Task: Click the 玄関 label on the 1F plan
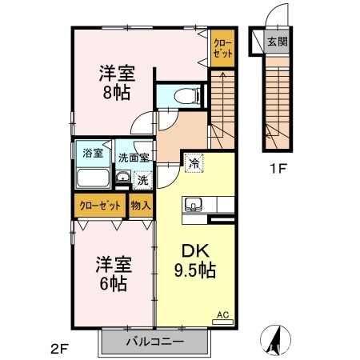click(x=277, y=42)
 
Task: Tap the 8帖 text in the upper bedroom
click(x=116, y=92)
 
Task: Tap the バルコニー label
click(x=155, y=342)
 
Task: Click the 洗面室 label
click(x=134, y=158)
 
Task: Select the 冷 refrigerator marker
click(x=194, y=164)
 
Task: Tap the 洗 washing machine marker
click(x=142, y=180)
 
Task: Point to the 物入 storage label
click(x=141, y=206)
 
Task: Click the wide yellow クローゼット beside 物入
click(x=100, y=206)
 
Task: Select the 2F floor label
click(x=58, y=348)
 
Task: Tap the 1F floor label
click(x=276, y=169)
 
